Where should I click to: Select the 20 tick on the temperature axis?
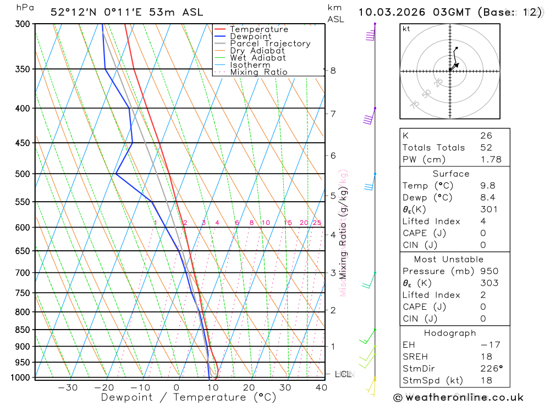tap(249, 387)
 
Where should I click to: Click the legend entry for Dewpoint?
tap(251, 36)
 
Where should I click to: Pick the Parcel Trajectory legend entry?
tap(270, 44)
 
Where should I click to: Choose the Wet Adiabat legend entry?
tap(257, 58)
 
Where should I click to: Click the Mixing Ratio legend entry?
tap(258, 72)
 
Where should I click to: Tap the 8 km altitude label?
tap(333, 71)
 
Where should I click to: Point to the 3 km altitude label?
tap(333, 273)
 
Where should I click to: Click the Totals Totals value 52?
tap(486, 148)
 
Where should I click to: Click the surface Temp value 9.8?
tap(487, 186)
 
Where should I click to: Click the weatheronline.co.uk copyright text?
tap(458, 397)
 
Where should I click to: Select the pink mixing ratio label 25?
tap(317, 223)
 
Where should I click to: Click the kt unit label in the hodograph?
tap(406, 29)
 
